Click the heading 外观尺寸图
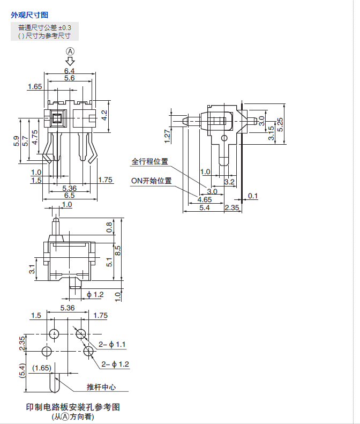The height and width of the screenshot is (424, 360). pos(29,15)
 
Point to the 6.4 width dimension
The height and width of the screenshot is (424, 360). pos(69,71)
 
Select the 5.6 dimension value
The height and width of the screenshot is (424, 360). pos(69,78)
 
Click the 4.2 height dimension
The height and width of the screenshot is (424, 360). pos(104,115)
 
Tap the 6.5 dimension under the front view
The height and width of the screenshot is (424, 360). pos(69,196)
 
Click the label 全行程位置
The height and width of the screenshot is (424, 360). pos(150,161)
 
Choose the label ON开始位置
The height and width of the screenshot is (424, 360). pos(152,181)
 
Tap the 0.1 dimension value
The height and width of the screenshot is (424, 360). pos(252,196)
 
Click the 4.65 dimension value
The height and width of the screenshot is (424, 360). pos(205,199)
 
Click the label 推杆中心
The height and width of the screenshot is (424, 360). pos(101,387)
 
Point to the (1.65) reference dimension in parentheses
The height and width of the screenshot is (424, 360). pos(41,368)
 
